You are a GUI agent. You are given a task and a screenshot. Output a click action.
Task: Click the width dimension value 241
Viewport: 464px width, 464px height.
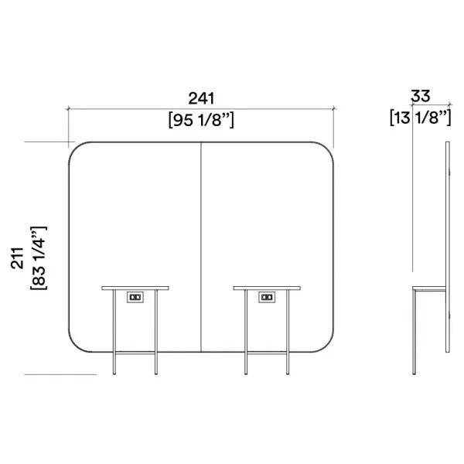201,98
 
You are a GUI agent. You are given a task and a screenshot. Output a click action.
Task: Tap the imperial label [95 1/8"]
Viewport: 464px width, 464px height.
201,120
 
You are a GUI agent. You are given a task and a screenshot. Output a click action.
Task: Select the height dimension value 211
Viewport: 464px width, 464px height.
17,258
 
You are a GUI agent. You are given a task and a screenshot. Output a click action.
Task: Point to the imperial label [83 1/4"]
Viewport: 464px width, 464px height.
39,258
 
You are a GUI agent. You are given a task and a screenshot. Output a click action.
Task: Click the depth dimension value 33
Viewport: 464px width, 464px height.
421,96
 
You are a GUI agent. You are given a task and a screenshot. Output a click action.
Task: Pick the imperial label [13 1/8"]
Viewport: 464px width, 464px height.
421,118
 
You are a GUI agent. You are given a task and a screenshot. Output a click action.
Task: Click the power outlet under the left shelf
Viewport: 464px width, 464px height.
135,297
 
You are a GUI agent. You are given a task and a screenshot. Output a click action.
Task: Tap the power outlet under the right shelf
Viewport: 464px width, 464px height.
267,297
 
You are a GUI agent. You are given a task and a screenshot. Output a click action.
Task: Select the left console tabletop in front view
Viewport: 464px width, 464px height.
135,288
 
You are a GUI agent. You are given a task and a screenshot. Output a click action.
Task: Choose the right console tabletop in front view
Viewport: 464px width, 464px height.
267,288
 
